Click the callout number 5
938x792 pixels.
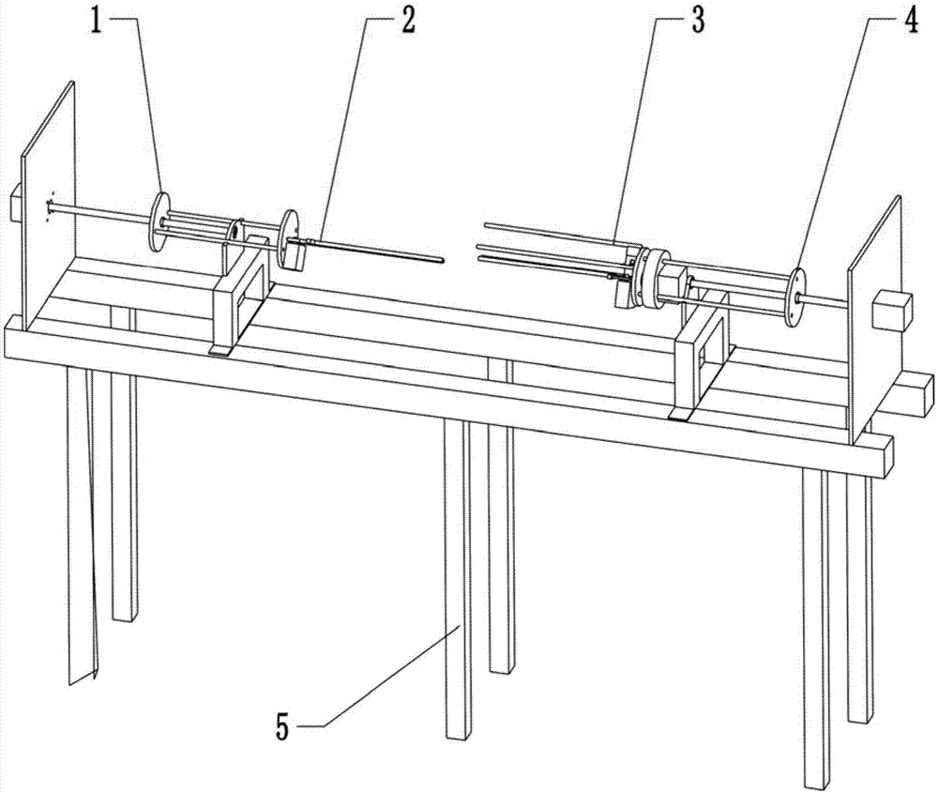coord(283,727)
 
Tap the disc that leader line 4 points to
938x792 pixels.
coord(795,297)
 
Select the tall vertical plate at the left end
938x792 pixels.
coord(48,205)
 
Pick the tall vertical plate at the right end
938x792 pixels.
coord(875,319)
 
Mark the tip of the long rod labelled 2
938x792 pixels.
coord(442,259)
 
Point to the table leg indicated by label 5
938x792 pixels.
coord(458,579)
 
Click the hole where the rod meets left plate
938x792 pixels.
coord(49,207)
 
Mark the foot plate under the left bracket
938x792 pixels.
coord(222,352)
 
